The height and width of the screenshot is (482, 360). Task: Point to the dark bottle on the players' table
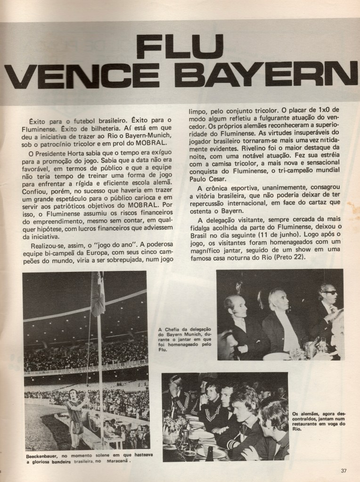209,454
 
